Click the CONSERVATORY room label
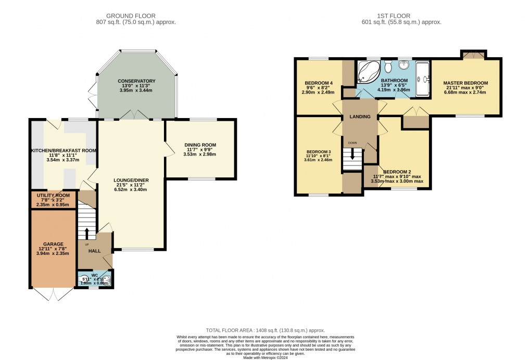click(x=136, y=81)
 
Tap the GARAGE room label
click(x=53, y=244)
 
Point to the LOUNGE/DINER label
click(x=132, y=181)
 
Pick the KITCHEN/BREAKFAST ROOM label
click(x=63, y=150)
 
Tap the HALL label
click(x=94, y=250)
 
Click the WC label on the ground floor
click(x=94, y=275)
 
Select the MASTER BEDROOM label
click(x=465, y=83)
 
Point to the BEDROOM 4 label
click(x=319, y=83)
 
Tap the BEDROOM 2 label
click(x=397, y=172)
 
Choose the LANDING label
click(x=360, y=117)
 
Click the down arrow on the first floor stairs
click(x=352, y=155)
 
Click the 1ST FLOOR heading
click(x=401, y=16)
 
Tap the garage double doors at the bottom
click(x=53, y=294)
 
